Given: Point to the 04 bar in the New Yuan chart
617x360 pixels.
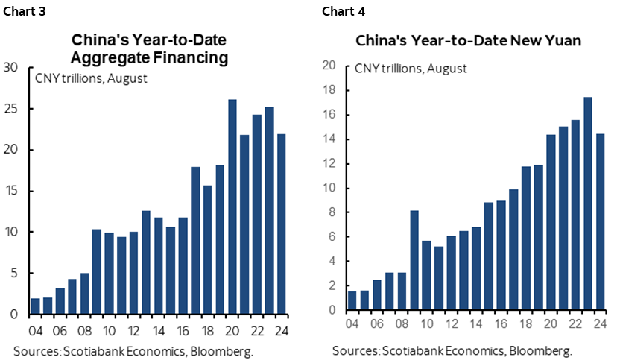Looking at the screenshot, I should click(x=353, y=300).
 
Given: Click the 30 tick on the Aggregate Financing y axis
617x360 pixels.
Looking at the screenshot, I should click(x=12, y=68).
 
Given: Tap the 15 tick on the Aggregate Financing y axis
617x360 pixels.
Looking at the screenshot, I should click(x=12, y=191).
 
